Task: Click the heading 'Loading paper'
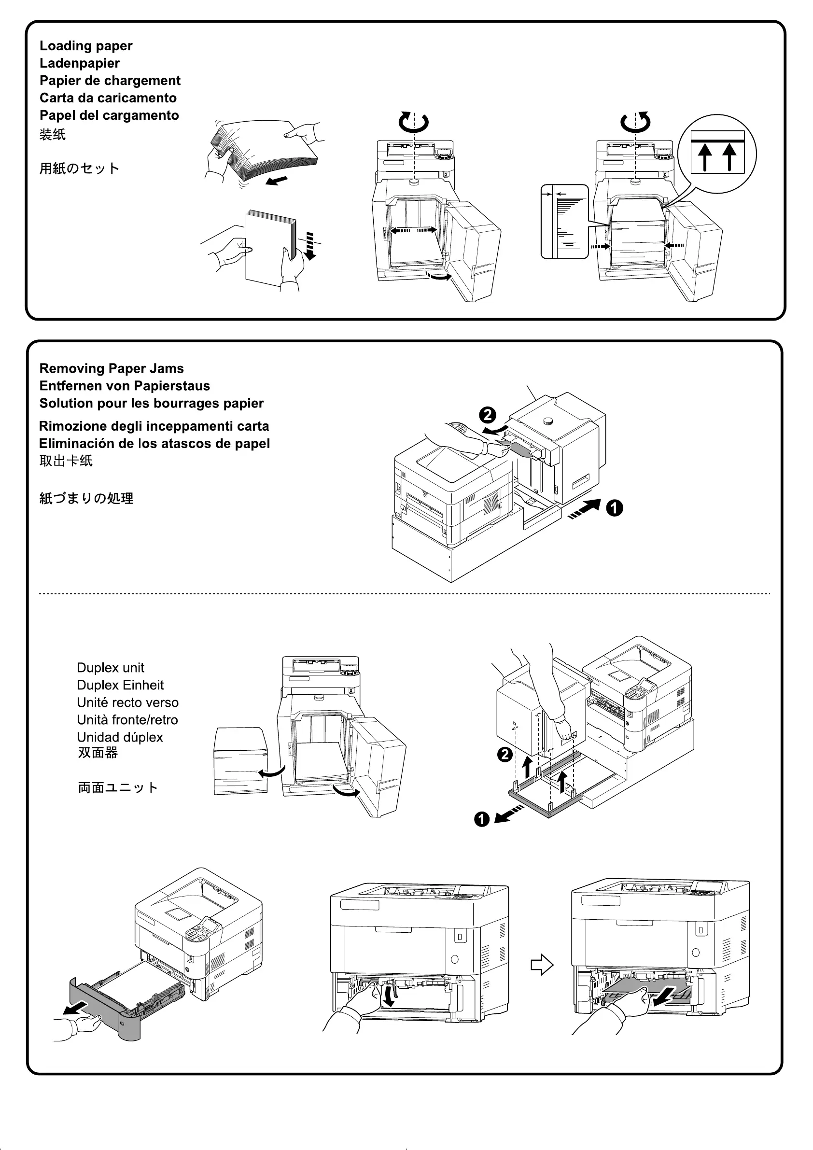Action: (x=85, y=46)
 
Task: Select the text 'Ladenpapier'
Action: (x=80, y=64)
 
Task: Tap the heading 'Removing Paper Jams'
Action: (x=111, y=369)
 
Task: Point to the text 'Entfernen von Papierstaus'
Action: (x=124, y=386)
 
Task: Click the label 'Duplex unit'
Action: (x=110, y=668)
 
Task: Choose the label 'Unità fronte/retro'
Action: (x=127, y=720)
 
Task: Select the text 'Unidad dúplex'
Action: (x=120, y=737)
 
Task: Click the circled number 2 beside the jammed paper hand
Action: (x=488, y=415)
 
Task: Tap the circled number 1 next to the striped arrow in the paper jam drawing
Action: (x=615, y=508)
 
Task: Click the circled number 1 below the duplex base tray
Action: (x=482, y=819)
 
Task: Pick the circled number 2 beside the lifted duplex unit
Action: (x=505, y=754)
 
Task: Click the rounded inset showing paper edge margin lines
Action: (x=564, y=222)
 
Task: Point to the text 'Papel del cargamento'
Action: (x=109, y=116)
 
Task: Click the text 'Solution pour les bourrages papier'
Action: (x=151, y=404)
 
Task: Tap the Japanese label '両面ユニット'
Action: (x=118, y=788)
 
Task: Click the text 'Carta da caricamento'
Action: (x=108, y=98)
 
